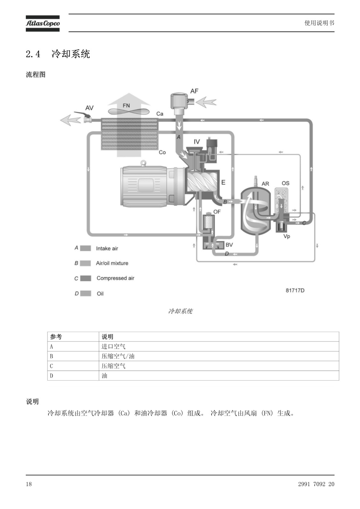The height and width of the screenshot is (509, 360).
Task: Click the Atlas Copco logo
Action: [43, 24]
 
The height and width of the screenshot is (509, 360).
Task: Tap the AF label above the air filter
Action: [194, 91]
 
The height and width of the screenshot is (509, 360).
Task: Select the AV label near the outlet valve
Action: [89, 108]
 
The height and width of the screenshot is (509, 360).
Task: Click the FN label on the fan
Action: [126, 105]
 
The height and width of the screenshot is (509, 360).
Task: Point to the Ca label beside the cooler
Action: [160, 114]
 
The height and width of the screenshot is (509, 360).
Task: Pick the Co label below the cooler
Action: [162, 152]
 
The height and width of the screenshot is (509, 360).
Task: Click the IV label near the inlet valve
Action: [197, 142]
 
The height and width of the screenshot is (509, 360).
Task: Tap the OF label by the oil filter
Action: [217, 212]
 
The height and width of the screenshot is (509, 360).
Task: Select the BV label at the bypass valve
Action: [229, 245]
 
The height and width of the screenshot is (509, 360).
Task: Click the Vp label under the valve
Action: [287, 236]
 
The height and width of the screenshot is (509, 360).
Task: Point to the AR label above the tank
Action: [265, 184]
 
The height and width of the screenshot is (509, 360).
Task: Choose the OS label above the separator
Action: [286, 183]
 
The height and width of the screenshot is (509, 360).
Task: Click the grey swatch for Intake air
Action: [86, 248]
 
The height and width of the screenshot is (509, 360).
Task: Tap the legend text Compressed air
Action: [115, 278]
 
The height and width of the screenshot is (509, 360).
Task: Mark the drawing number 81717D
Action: [295, 290]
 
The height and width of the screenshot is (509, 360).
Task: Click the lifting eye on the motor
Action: [143, 163]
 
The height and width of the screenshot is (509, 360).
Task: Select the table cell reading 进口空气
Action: [113, 346]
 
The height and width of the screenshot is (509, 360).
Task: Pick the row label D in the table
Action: [51, 376]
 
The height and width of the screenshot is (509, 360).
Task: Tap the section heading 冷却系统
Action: [71, 54]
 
